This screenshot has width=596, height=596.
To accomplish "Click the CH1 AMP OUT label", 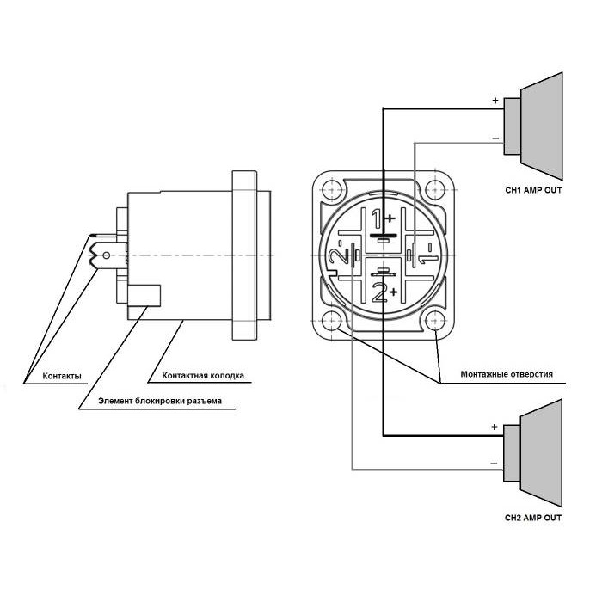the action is (533, 190).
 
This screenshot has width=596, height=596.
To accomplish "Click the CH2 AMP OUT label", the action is (533, 518).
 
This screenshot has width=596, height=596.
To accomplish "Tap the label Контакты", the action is (62, 376).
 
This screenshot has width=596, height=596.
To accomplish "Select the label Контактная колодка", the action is (203, 376).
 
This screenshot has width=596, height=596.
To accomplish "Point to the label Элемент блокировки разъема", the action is (160, 401).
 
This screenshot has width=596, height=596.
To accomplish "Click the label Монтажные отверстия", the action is (507, 374).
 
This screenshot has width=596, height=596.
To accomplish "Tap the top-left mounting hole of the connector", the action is (332, 190).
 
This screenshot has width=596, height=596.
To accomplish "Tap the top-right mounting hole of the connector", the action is (435, 190).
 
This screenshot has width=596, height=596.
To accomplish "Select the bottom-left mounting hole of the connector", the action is (332, 321).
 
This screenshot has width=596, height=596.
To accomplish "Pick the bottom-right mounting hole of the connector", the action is (435, 321).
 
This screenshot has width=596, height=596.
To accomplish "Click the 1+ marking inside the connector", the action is (384, 218).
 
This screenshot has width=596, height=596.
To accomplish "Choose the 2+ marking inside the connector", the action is (384, 292).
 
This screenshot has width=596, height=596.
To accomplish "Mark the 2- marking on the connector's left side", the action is (340, 253).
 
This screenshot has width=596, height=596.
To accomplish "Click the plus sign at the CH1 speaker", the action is (495, 101).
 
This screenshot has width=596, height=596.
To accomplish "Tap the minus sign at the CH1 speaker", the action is (495, 138).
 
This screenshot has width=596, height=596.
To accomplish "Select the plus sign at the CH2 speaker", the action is (495, 427).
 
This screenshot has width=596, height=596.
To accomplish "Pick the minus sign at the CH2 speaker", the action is (494, 464).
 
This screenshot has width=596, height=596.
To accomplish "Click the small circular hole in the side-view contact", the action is (108, 255).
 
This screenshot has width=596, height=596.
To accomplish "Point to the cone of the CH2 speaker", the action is (541, 452).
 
